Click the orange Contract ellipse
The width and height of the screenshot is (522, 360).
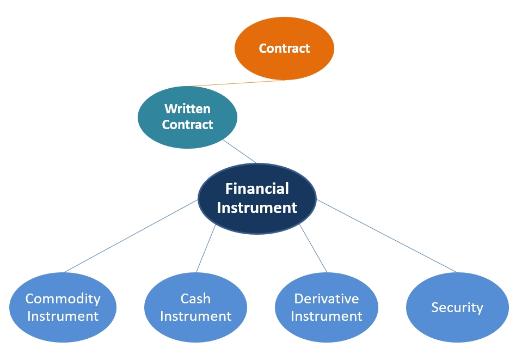point(284,48)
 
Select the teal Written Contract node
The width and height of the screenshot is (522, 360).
point(187,117)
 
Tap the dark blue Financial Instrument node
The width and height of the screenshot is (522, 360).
point(257,198)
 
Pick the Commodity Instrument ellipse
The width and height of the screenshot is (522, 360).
point(63,307)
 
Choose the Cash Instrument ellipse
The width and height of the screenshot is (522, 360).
point(196,307)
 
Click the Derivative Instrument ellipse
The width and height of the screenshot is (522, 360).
point(327,307)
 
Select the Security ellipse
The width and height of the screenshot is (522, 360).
point(457,307)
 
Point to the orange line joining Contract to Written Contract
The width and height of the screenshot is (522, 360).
point(238,83)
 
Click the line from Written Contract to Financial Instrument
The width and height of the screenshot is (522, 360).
point(239,151)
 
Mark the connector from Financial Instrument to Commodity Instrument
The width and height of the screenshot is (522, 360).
point(131,236)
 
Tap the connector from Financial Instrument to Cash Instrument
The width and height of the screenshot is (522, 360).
point(206,248)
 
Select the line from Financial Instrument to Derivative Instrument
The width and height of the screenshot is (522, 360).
point(314,248)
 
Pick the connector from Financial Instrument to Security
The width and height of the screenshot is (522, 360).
point(386,236)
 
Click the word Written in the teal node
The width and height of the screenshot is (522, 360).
point(187,109)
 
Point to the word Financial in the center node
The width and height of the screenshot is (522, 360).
point(257,189)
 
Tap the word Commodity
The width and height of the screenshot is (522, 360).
point(63,299)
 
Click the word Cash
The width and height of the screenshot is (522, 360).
point(196,298)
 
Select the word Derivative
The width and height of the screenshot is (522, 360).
point(327,298)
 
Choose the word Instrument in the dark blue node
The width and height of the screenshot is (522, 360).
point(257,208)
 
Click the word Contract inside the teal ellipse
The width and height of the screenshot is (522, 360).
point(187,125)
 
